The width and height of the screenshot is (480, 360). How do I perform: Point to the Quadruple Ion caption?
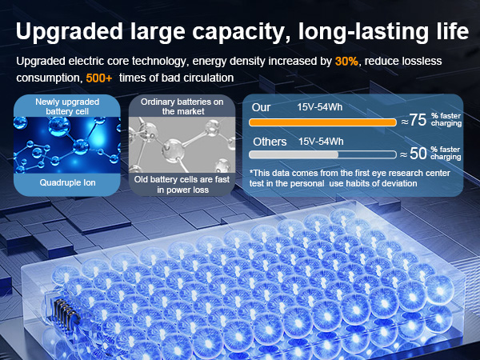coord(66,182)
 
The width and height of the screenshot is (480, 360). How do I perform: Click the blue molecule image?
coord(66,145)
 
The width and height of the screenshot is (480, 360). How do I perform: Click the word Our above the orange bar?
coord(261,107)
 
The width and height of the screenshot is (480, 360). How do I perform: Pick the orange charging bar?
coord(323,122)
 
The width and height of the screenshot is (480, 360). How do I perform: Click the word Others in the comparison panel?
coord(269,142)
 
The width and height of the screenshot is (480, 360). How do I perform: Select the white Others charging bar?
coord(323,155)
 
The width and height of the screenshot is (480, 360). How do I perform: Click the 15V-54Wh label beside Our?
coord(320,107)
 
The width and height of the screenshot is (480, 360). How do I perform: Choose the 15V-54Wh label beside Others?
coord(320,142)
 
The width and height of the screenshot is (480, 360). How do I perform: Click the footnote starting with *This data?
coord(350,178)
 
